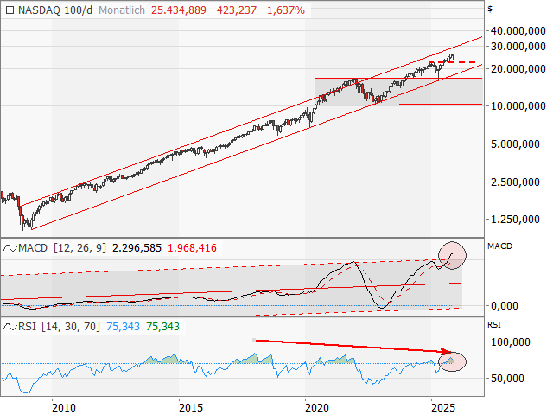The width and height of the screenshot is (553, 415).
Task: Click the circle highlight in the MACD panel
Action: (451, 253)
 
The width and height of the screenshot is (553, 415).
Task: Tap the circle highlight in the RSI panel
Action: (452, 361)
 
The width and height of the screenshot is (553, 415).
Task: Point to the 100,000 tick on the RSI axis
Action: (516, 342)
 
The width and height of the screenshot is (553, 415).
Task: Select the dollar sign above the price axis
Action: (490, 8)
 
